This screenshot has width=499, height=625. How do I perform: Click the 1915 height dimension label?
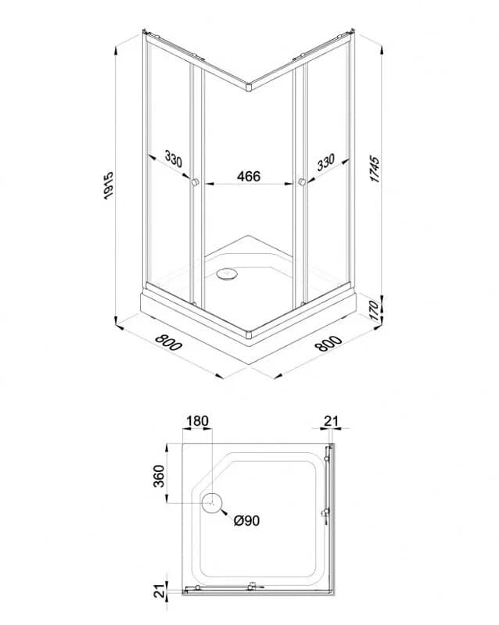(x=109, y=186)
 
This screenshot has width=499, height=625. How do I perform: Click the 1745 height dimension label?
(x=375, y=170)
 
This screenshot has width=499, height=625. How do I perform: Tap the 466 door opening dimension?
(x=248, y=176)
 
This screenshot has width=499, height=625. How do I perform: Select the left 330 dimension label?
(x=174, y=159)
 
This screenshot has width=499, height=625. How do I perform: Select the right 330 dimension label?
(x=325, y=162)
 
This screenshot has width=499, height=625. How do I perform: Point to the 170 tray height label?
(x=373, y=310)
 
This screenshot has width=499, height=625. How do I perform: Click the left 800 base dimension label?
(x=168, y=342)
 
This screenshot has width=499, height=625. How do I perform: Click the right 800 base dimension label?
(x=328, y=343)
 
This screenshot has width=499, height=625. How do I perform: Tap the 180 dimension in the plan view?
(x=197, y=421)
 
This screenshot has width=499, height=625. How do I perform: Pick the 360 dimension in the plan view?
(x=159, y=476)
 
